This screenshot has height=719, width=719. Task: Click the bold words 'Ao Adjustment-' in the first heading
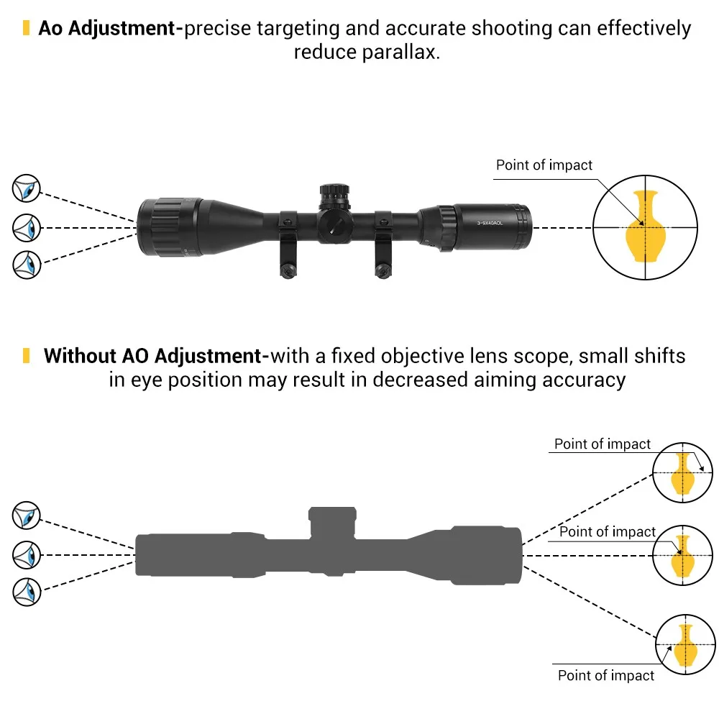tap(111, 29)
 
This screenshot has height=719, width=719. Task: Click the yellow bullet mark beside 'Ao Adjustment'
tap(26, 27)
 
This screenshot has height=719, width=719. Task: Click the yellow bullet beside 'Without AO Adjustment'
tap(26, 356)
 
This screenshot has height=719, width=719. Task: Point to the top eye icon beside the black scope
tap(26, 188)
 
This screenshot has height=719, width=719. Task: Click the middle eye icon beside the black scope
tap(26, 227)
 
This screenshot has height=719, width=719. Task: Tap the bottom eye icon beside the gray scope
tap(26, 592)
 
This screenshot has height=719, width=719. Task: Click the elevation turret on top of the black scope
tap(335, 197)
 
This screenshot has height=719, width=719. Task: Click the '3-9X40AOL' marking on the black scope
tap(490, 224)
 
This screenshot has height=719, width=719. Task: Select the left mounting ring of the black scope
tap(288, 244)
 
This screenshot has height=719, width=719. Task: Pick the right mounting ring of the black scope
tap(383, 244)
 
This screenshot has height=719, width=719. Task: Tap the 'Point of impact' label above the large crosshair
tap(544, 165)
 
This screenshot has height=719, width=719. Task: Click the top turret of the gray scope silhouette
tap(332, 522)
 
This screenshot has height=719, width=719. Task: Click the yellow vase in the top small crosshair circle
tap(682, 474)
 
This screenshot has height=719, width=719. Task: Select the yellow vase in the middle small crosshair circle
tap(682, 557)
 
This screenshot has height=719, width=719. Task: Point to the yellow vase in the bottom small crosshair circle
tap(685, 646)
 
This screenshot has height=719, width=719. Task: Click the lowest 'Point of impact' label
tap(605, 675)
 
